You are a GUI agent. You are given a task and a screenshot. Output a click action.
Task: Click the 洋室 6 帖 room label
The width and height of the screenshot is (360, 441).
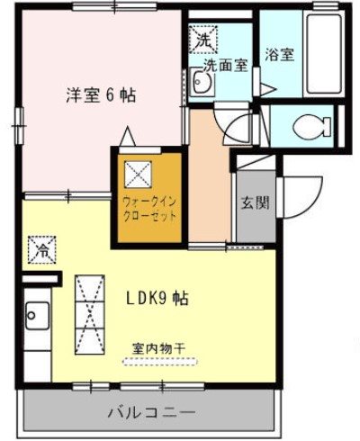point(99,94)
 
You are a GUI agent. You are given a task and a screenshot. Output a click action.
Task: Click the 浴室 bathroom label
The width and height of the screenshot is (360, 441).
point(280,53)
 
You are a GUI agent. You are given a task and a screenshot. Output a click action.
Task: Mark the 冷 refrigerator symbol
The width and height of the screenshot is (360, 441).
point(42,249)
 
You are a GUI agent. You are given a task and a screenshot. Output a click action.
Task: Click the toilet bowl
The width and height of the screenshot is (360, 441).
point(310,126)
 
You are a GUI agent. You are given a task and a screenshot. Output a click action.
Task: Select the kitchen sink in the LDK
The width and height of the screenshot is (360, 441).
point(36,315)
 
